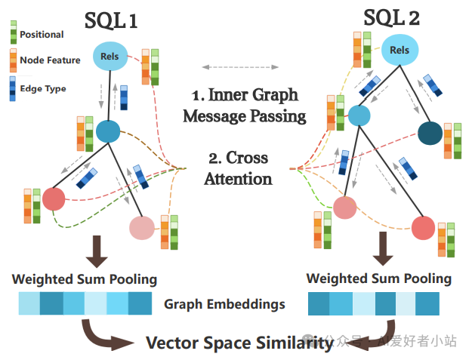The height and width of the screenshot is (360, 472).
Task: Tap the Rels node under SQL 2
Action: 400,51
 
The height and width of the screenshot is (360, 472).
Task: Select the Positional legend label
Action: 42,34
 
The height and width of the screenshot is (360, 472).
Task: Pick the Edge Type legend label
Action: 42,88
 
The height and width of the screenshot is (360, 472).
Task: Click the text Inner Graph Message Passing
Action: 244,106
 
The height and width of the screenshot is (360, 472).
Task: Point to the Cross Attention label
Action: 238,169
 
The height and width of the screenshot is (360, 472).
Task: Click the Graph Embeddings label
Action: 224,304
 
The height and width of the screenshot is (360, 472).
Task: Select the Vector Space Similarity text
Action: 239,343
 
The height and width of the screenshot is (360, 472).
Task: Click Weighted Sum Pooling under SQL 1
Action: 85,279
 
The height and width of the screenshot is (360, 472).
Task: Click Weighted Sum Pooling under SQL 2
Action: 379,278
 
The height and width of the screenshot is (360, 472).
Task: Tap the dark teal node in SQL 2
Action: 430,132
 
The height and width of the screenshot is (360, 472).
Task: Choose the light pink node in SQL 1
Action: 141,227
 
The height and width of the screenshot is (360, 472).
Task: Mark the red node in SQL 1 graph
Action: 54,199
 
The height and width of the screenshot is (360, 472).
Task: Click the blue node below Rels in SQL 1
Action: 108,131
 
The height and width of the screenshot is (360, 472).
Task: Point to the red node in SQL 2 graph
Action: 422,227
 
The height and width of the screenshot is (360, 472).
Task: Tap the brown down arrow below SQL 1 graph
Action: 96,251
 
